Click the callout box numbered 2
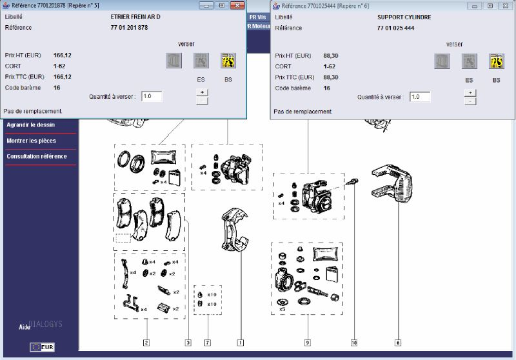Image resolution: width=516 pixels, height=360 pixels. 146,343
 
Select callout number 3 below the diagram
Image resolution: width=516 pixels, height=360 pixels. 188,343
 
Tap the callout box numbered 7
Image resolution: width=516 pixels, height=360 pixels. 207,343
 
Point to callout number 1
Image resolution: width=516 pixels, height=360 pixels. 241,343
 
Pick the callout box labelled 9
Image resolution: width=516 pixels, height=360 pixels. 308,343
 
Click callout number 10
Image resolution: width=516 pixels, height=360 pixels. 354,343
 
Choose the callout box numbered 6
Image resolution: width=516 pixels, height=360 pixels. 398,343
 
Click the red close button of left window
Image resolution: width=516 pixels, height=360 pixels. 237,5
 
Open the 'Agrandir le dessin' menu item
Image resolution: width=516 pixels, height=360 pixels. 30,125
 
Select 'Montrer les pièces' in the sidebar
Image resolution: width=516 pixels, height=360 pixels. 31,141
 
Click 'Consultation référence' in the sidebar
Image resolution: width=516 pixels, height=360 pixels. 37,156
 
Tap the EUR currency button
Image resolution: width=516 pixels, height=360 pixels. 42,347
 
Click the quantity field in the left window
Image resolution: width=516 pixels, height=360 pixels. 152,96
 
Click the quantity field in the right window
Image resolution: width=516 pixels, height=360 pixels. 420,97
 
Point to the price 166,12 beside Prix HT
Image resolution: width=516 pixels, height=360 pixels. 62,55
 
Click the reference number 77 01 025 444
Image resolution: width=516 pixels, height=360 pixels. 395,28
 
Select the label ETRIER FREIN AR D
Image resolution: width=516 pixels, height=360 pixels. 135,17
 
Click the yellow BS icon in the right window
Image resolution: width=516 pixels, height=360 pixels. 496,61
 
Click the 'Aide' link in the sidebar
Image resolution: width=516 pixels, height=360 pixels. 25,327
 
